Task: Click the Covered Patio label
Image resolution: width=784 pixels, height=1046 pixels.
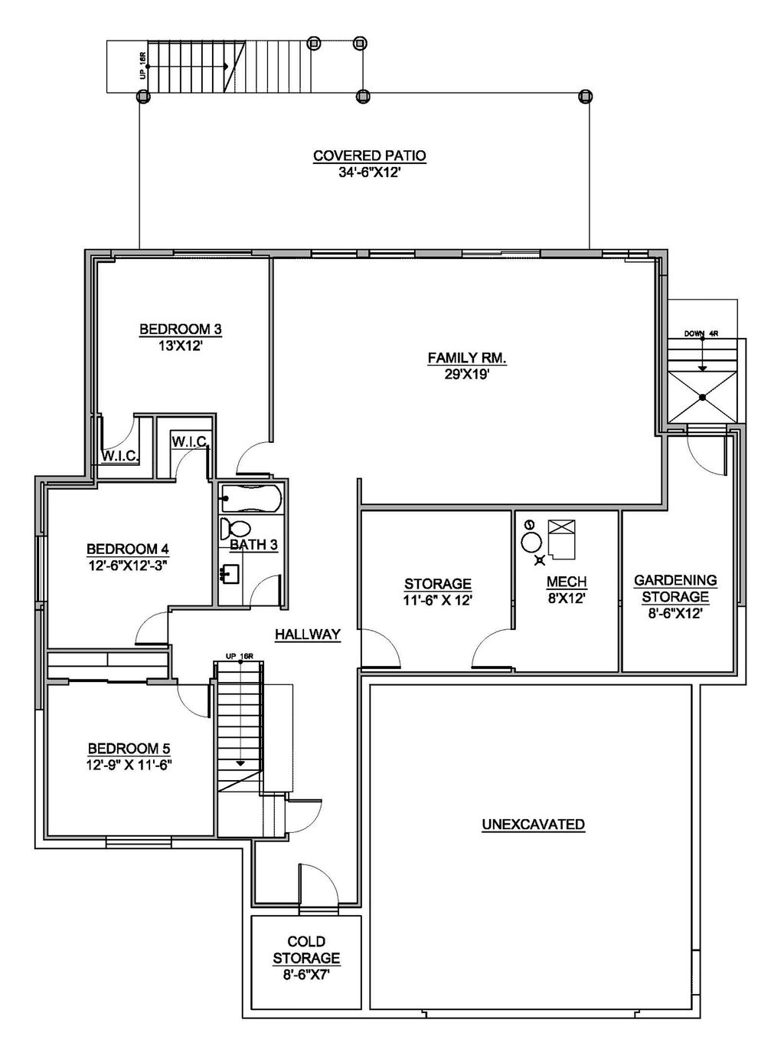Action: pyautogui.click(x=369, y=156)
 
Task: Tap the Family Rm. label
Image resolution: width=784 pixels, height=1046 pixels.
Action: pyautogui.click(x=467, y=358)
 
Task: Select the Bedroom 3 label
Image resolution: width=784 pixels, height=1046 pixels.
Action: pyautogui.click(x=180, y=330)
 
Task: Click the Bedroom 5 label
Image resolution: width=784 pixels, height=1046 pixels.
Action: pyautogui.click(x=129, y=748)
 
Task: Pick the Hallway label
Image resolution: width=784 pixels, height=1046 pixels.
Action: pyautogui.click(x=307, y=634)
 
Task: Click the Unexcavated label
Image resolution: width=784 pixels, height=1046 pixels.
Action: pyautogui.click(x=533, y=825)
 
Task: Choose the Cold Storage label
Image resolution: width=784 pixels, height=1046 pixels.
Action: pyautogui.click(x=306, y=949)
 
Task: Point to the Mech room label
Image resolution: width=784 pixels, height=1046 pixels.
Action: pyautogui.click(x=567, y=582)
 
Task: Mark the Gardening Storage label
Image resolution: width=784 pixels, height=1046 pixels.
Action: pyautogui.click(x=675, y=589)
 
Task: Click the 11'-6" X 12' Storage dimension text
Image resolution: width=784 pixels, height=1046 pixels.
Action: pyautogui.click(x=437, y=601)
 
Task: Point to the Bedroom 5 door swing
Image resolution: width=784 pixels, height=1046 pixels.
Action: pyautogui.click(x=193, y=697)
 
